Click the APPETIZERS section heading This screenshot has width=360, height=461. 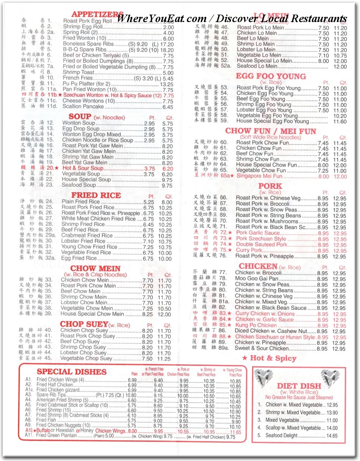point(97,14)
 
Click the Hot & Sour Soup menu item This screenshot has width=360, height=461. point(83,168)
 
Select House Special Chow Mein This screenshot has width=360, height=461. point(92,314)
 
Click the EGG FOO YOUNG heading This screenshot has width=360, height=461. point(271,76)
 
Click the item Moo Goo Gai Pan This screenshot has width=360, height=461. point(256,278)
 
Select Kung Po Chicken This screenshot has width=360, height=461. point(256,325)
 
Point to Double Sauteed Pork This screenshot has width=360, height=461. point(261,244)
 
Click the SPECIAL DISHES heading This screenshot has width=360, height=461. point(73,372)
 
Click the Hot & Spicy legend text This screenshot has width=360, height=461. point(273,358)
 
